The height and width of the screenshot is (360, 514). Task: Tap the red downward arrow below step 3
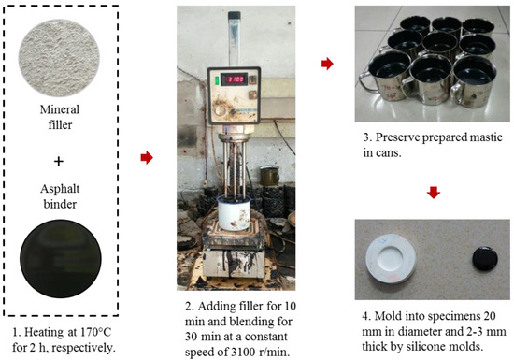click(x=433, y=193)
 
